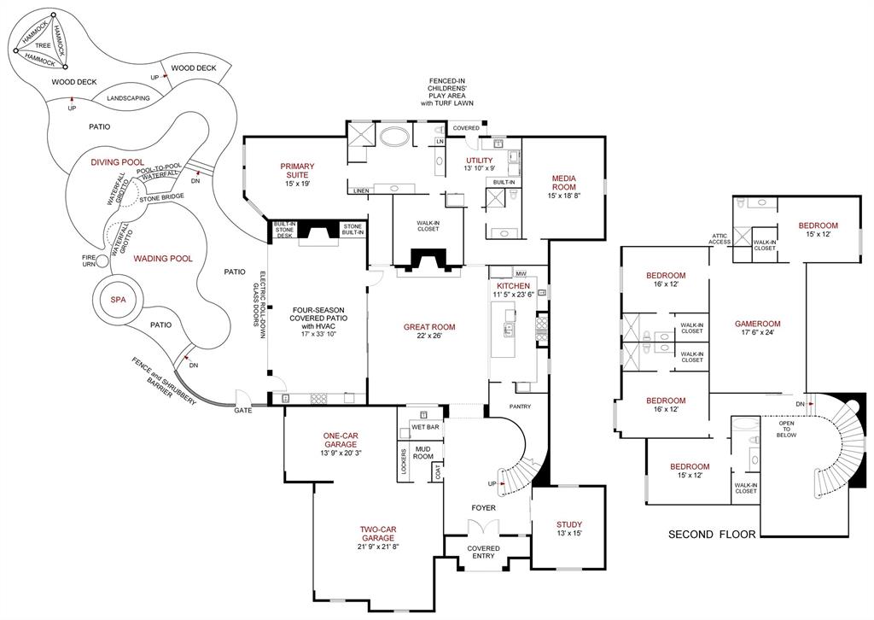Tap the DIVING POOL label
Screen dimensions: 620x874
tap(118, 161)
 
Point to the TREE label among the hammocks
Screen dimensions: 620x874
tap(43, 45)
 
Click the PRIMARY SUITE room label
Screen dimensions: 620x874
tap(297, 172)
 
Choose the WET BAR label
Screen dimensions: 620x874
tap(424, 426)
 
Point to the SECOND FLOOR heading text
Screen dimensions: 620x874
tap(712, 535)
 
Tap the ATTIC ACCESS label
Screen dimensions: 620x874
tap(719, 239)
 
